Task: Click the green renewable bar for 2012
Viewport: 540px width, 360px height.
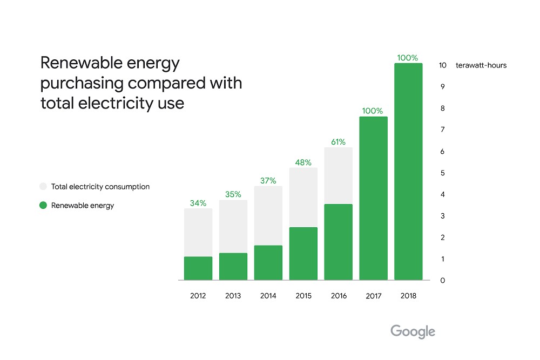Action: tap(198, 268)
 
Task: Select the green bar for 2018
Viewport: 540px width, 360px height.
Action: tap(408, 172)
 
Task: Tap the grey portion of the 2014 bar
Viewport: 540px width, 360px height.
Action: tap(268, 215)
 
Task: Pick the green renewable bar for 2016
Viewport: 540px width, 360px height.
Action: tap(338, 242)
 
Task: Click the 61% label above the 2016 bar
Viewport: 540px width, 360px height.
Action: tap(338, 142)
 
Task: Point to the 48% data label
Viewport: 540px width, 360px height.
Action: tap(303, 162)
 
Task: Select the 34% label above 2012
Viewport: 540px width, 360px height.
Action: tap(198, 203)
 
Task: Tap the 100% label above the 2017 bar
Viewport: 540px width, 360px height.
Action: tap(373, 111)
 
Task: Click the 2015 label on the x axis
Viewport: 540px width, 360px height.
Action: tap(303, 296)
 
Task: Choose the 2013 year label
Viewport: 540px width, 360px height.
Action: tap(233, 296)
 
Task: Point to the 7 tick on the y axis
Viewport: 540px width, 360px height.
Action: tap(442, 130)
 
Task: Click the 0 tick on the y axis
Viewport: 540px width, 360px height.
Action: tap(442, 281)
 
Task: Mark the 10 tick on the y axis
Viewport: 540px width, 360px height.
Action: tap(442, 65)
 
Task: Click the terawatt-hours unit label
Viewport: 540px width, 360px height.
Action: tap(481, 65)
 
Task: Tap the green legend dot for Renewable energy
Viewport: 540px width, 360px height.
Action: tap(43, 205)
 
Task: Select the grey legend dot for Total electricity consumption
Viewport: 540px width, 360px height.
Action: tap(43, 187)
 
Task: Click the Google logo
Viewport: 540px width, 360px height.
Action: tap(413, 331)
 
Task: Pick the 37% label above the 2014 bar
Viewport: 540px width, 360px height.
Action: tap(268, 181)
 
